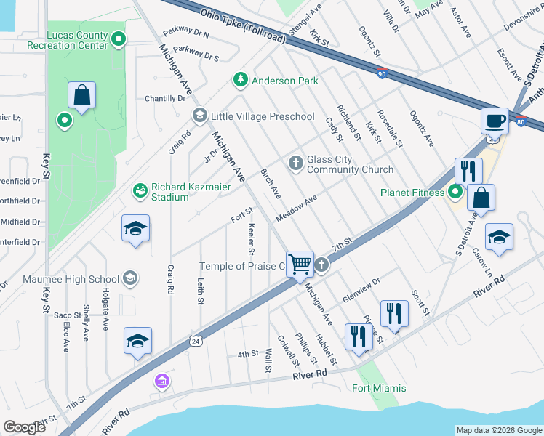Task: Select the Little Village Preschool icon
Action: click(199, 116)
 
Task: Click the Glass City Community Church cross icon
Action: click(295, 163)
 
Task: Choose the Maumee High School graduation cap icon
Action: click(129, 278)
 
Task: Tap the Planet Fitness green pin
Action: click(456, 193)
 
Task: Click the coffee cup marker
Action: click(495, 121)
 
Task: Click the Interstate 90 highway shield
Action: click(382, 72)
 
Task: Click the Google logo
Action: click(25, 427)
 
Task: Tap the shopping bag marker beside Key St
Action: click(82, 95)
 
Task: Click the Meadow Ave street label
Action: click(296, 209)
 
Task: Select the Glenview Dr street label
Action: click(361, 282)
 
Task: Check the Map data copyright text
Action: click(498, 430)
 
